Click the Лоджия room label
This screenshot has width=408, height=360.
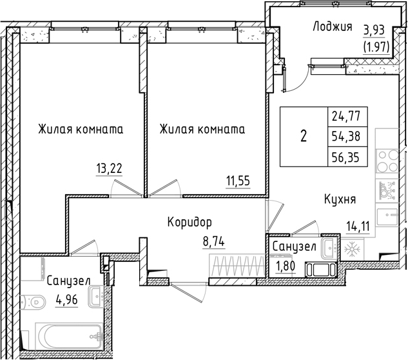click(332, 27)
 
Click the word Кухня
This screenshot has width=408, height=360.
click(340, 200)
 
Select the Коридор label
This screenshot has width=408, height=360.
click(189, 223)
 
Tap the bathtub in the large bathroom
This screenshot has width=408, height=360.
click(70, 336)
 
